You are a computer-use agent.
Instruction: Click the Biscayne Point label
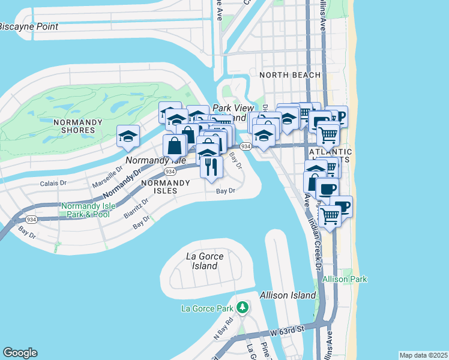pyautogui.click(x=29, y=26)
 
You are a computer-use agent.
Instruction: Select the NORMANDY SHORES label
pyautogui.click(x=74, y=126)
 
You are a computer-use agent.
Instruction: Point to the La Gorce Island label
pyautogui.click(x=205, y=261)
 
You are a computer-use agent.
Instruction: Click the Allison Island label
pyautogui.click(x=288, y=295)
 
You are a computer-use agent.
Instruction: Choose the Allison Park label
pyautogui.click(x=345, y=280)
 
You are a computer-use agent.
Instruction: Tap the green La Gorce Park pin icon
pyautogui.click(x=242, y=308)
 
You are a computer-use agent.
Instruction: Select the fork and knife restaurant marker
pyautogui.click(x=210, y=165)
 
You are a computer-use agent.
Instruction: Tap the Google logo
pyautogui.click(x=20, y=353)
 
